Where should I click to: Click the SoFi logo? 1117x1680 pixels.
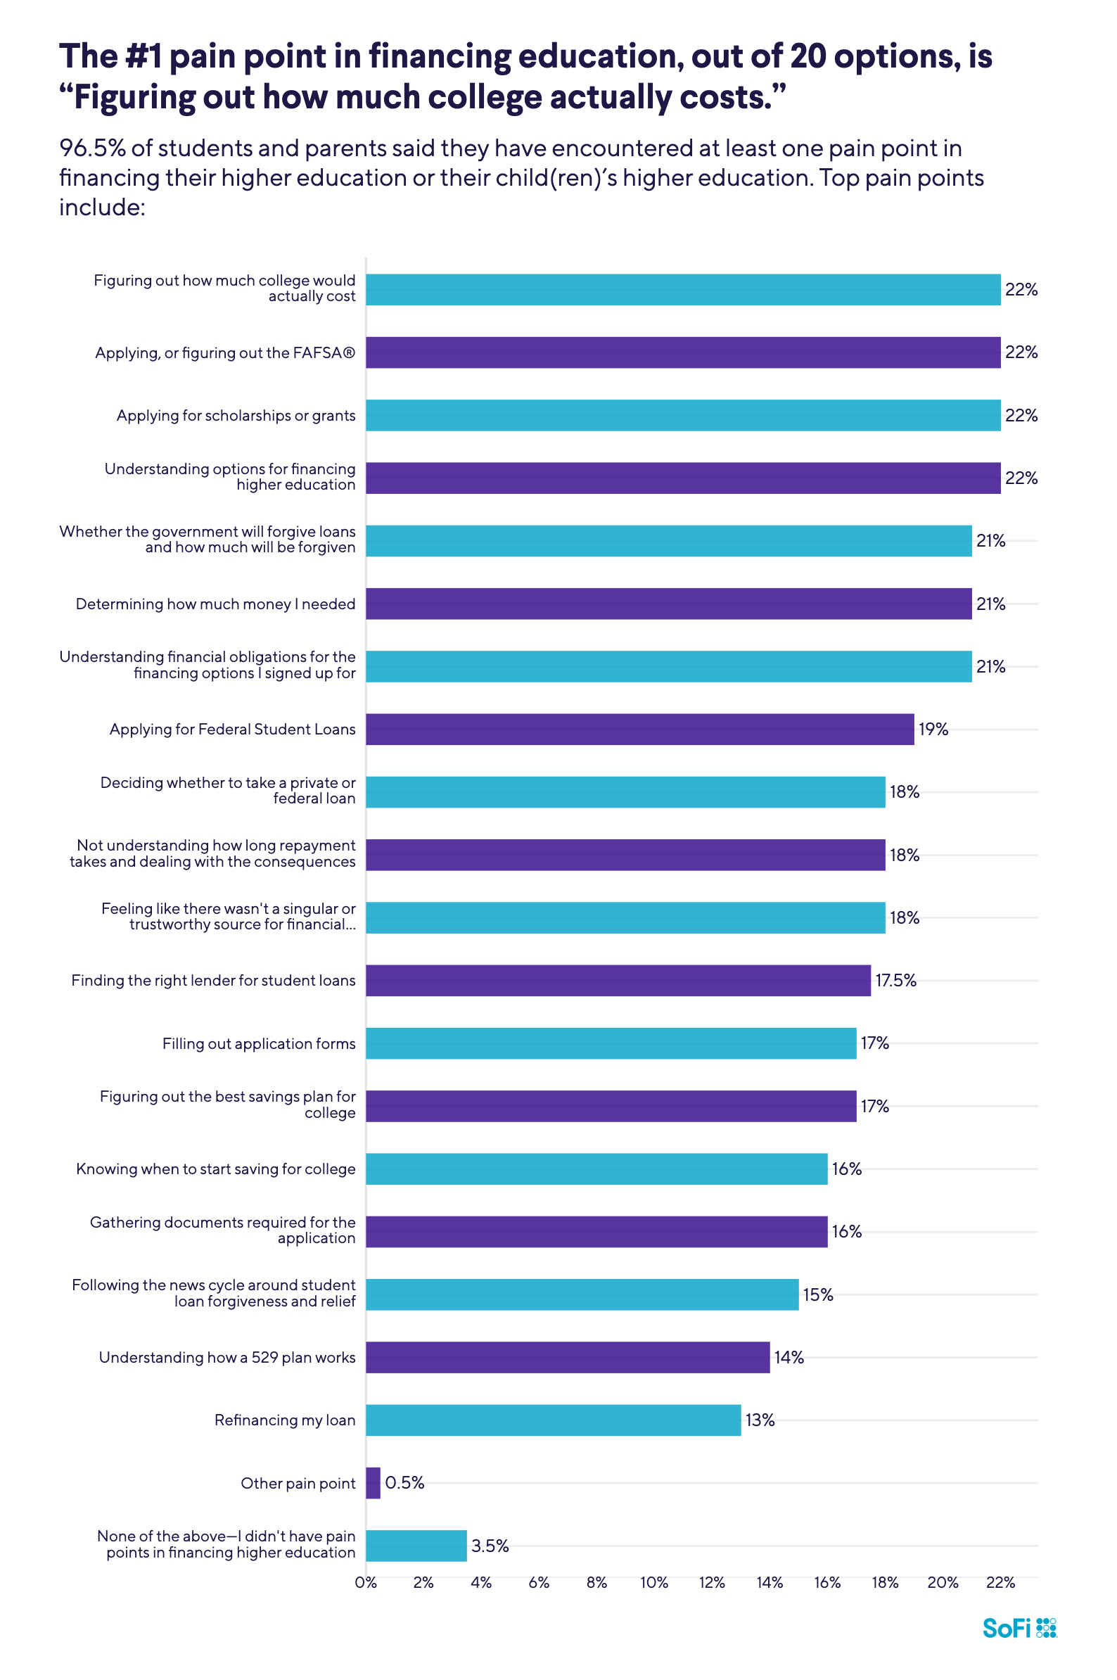click(1019, 1628)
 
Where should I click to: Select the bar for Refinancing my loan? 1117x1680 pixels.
click(553, 1420)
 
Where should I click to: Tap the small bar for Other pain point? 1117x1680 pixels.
click(373, 1482)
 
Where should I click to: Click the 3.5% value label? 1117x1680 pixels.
click(490, 1546)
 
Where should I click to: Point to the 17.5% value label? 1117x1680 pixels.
click(895, 981)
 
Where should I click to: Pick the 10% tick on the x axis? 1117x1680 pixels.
click(653, 1583)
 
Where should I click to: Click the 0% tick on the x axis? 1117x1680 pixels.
click(366, 1583)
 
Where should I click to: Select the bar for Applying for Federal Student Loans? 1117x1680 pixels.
click(639, 730)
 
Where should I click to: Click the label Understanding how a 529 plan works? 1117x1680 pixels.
click(226, 1357)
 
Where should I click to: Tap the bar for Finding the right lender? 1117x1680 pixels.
click(618, 981)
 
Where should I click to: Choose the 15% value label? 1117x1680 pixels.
click(817, 1294)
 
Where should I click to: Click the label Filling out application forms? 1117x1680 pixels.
click(259, 1044)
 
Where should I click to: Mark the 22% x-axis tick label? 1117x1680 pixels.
click(1000, 1583)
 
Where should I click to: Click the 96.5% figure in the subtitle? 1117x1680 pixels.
click(92, 148)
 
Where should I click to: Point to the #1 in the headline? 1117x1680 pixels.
click(143, 56)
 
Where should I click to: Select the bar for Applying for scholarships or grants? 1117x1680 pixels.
click(682, 415)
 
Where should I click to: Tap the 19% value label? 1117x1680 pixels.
click(933, 730)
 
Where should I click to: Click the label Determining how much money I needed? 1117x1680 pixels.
click(215, 604)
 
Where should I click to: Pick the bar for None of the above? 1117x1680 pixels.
click(416, 1546)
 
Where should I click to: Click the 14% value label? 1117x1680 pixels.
click(789, 1357)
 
